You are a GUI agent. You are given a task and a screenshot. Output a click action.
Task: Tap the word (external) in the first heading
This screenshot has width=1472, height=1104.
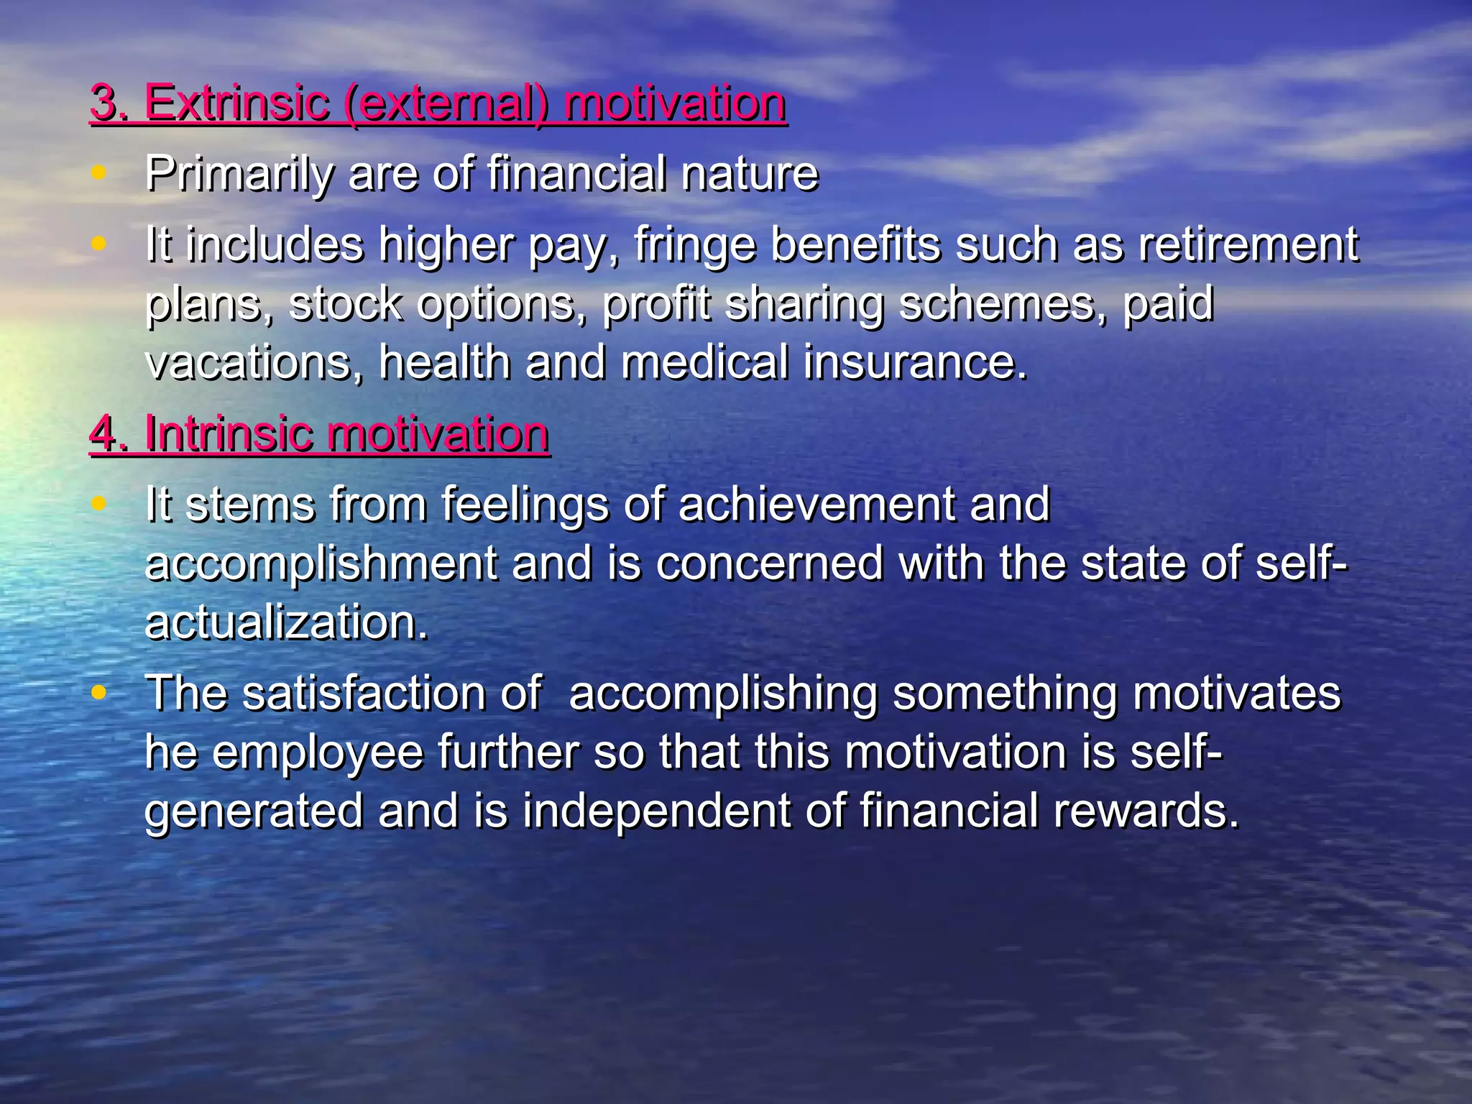pos(446,104)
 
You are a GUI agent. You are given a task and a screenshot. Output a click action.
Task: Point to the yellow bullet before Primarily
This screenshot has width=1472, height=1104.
pos(99,172)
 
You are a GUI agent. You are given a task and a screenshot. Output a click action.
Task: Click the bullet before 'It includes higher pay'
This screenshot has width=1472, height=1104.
pos(99,243)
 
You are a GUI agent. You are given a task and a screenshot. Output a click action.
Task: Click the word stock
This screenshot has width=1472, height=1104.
pos(345,304)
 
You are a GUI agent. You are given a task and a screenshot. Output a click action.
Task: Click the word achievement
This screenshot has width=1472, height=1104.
pos(816,505)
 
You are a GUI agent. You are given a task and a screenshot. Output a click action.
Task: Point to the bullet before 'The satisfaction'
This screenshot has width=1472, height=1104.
pos(99,692)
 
